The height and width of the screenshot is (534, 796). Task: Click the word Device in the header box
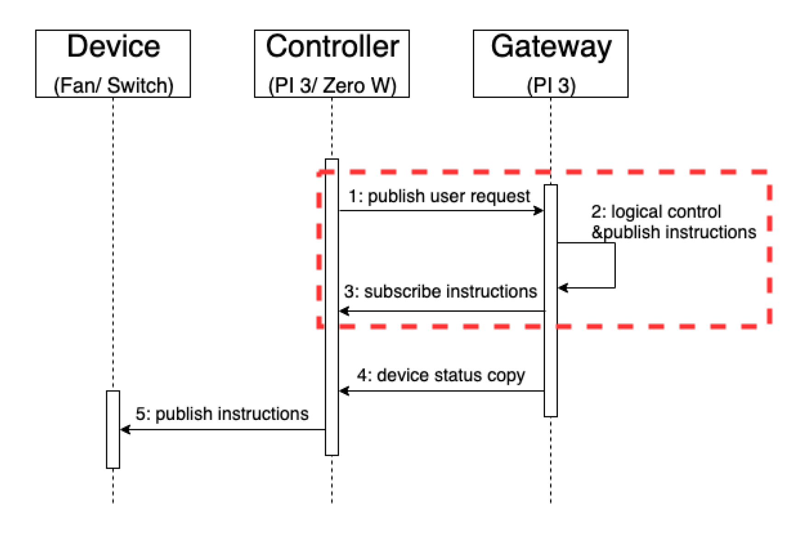[113, 46]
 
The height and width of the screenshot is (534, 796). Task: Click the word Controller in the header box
[332, 46]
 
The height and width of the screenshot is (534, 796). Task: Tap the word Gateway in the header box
[551, 47]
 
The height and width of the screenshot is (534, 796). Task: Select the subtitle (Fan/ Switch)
[113, 86]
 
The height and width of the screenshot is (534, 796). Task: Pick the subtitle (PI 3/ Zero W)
[332, 86]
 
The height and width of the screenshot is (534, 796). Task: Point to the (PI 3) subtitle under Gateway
[551, 86]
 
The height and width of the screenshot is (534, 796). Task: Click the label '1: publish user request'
[439, 196]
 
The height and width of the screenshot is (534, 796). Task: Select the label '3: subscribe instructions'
[440, 292]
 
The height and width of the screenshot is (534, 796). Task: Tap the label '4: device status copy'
[440, 375]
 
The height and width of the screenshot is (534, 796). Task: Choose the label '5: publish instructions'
[222, 414]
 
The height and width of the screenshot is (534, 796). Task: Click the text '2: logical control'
[656, 212]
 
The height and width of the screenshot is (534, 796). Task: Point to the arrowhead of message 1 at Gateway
[539, 211]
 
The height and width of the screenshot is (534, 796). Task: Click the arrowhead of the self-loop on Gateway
[563, 288]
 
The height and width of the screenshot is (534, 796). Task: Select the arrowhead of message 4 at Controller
[344, 391]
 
